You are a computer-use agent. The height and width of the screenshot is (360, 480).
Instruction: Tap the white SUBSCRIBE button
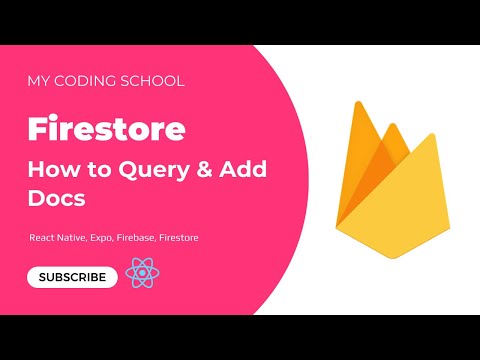pyautogui.click(x=72, y=277)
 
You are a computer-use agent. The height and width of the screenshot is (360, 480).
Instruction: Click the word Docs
pyautogui.click(x=57, y=199)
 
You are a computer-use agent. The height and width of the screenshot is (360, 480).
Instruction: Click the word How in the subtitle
pyautogui.click(x=49, y=171)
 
